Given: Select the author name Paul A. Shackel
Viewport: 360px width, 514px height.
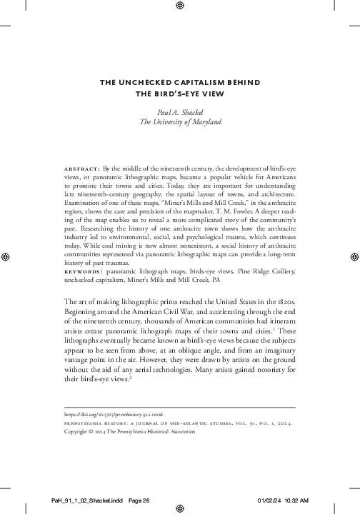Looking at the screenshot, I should (x=179, y=112).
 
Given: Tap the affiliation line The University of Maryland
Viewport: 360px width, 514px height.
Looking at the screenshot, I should (x=179, y=122).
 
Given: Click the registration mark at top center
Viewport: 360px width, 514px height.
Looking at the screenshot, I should (x=179, y=8).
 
